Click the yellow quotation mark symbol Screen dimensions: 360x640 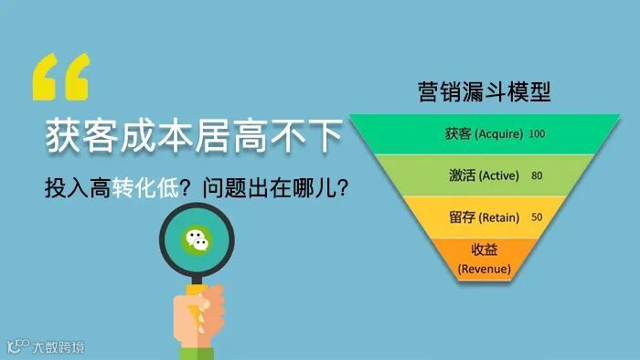click(x=61, y=76)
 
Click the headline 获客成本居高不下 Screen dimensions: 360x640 click(x=194, y=138)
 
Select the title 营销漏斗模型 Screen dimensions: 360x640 click(x=484, y=92)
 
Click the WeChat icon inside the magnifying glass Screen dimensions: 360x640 click(x=197, y=240)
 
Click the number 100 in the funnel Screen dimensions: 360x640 click(x=537, y=134)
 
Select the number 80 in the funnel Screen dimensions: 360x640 click(x=537, y=175)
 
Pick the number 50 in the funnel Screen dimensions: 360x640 click(x=537, y=217)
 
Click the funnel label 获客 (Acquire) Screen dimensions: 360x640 click(x=484, y=133)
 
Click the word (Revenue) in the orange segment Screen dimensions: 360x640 click(x=484, y=269)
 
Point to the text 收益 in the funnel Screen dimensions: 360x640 click(x=484, y=250)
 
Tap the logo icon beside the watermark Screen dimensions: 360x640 click(x=17, y=346)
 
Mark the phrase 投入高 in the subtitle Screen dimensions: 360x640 click(x=77, y=189)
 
